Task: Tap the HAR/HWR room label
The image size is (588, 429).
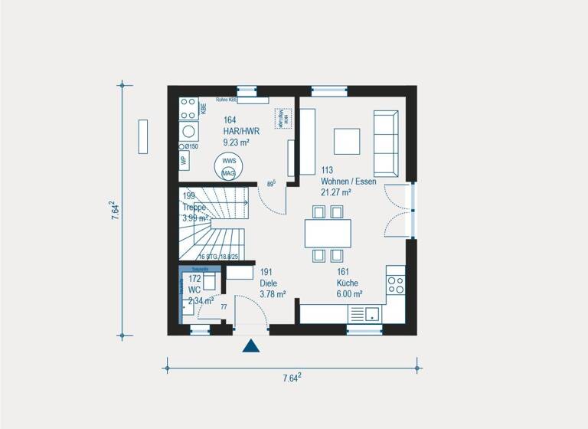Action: pyautogui.click(x=241, y=131)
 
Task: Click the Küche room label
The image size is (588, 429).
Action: pyautogui.click(x=348, y=282)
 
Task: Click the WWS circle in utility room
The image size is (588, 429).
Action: pyautogui.click(x=229, y=162)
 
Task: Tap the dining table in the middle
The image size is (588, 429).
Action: pyautogui.click(x=328, y=234)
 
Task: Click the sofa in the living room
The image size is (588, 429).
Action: pyautogui.click(x=385, y=142)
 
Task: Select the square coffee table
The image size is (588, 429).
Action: pyautogui.click(x=347, y=141)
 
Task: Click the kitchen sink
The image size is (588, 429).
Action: pyautogui.click(x=372, y=313)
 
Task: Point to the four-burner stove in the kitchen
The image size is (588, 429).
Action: pyautogui.click(x=395, y=285)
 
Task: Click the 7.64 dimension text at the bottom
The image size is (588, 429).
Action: pyautogui.click(x=291, y=378)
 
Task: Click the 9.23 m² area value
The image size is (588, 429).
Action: pyautogui.click(x=237, y=142)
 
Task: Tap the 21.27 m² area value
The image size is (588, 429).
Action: pyautogui.click(x=336, y=192)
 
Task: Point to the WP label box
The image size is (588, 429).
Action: pyautogui.click(x=184, y=161)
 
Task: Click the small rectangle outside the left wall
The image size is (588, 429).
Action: pyautogui.click(x=143, y=136)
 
